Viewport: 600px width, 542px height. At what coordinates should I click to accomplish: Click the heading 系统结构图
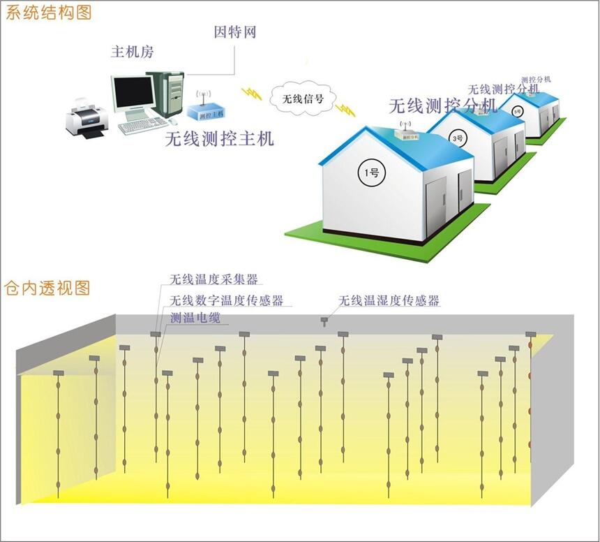pyautogui.click(x=48, y=12)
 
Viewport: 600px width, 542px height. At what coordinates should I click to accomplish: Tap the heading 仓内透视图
pyautogui.click(x=48, y=287)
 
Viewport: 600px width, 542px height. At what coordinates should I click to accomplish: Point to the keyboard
pyautogui.click(x=142, y=126)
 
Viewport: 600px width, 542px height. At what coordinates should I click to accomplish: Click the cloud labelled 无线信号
pyautogui.click(x=301, y=99)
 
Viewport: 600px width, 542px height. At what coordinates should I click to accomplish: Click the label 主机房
pyautogui.click(x=133, y=52)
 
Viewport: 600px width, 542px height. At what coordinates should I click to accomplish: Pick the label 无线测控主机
pyautogui.click(x=219, y=138)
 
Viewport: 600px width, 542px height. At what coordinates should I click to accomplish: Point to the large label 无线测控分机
pyautogui.click(x=442, y=105)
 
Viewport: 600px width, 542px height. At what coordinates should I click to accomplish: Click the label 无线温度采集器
pyautogui.click(x=214, y=279)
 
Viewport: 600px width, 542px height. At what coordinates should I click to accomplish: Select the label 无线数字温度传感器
pyautogui.click(x=227, y=300)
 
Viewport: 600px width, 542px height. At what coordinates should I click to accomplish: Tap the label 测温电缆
pyautogui.click(x=199, y=318)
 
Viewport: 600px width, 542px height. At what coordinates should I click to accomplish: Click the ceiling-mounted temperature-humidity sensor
pyautogui.click(x=324, y=321)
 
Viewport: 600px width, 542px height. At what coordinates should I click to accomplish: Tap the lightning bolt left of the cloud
pyautogui.click(x=251, y=93)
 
